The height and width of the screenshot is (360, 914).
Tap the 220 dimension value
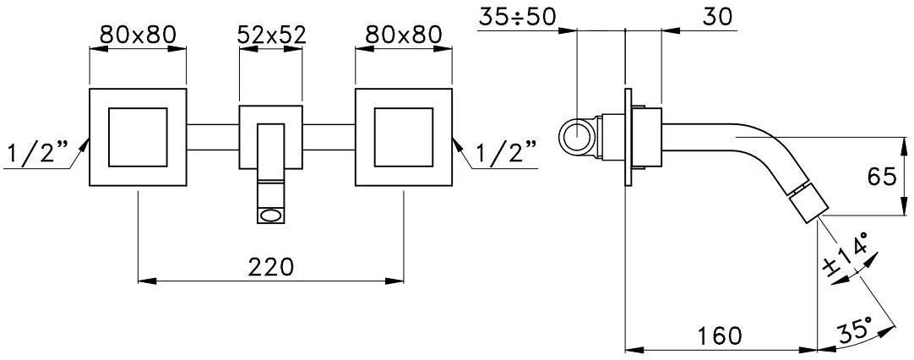tap(270, 266)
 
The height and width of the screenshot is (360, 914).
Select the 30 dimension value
tap(716, 16)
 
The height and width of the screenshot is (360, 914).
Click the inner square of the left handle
tap(138, 136)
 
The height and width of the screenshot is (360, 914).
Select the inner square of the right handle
tap(403, 136)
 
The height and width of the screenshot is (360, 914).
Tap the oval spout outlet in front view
tap(270, 215)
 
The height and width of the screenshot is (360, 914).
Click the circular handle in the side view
tap(579, 135)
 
